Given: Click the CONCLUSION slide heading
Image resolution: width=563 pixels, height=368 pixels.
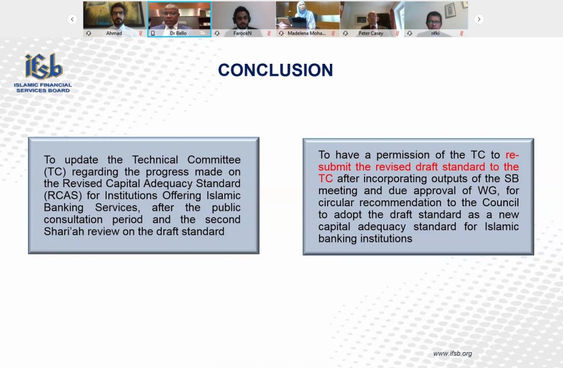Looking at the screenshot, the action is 275,70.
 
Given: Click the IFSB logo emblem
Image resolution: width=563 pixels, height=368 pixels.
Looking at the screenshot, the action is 43,67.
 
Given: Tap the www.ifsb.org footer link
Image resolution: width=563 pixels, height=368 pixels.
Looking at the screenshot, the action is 452,354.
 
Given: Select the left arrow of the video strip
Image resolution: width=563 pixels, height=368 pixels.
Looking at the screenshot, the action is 72,19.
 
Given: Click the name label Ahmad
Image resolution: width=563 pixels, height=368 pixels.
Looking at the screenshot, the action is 114,34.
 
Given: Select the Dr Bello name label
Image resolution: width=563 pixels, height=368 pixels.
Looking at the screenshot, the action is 178,34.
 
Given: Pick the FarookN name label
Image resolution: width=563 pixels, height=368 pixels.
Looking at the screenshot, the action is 242,34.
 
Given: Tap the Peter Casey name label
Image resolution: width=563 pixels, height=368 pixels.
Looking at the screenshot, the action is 371,34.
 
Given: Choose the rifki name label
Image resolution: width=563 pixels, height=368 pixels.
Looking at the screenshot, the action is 435,34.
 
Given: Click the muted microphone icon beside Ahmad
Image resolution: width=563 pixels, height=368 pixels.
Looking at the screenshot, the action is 140,34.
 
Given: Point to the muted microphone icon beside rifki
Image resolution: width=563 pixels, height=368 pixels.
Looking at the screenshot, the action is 461,34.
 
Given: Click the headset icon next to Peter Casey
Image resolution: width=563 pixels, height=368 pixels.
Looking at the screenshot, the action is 345,34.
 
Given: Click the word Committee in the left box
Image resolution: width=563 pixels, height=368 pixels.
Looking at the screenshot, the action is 214,160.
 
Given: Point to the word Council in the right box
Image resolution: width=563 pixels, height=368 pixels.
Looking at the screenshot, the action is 500,202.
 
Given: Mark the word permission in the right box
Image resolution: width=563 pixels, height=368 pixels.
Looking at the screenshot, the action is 403,155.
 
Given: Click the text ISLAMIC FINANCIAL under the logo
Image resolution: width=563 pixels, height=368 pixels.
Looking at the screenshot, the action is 43,85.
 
